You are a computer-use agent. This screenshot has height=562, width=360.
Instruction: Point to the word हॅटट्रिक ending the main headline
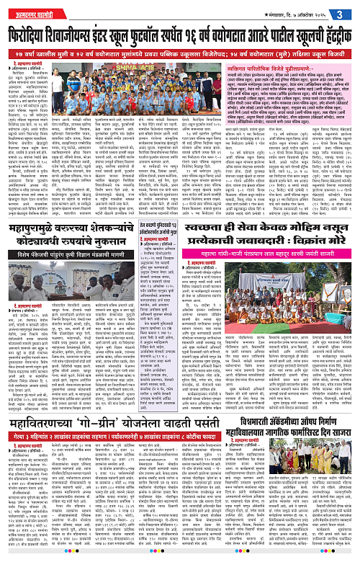coord(328,33)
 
